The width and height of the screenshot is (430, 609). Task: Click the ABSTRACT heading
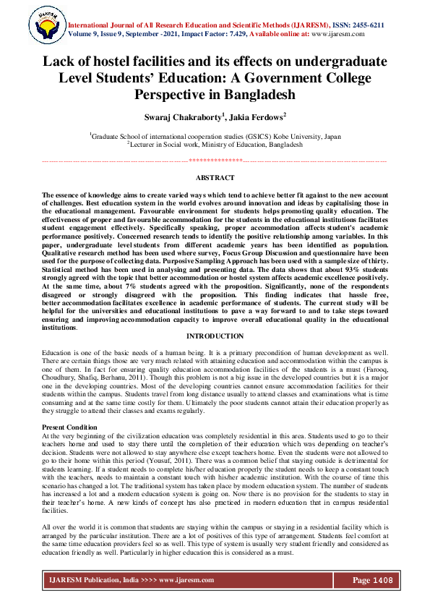click(x=215, y=178)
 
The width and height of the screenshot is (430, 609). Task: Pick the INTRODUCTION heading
click(x=215, y=336)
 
